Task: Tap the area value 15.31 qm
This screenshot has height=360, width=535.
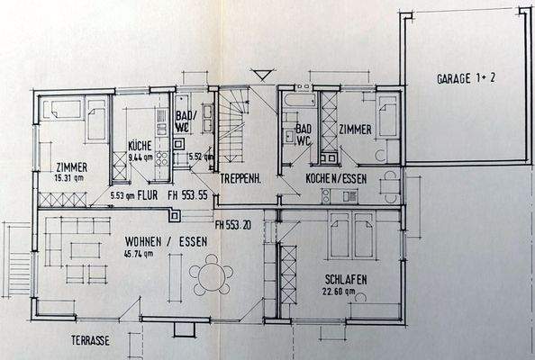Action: click(70, 177)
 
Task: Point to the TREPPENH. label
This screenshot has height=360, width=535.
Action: click(240, 179)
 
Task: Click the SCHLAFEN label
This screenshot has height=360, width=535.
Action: click(345, 279)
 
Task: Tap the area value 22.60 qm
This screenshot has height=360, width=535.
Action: click(345, 291)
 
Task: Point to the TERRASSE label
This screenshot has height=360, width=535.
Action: click(92, 342)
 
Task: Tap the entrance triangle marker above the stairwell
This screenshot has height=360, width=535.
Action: click(262, 75)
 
